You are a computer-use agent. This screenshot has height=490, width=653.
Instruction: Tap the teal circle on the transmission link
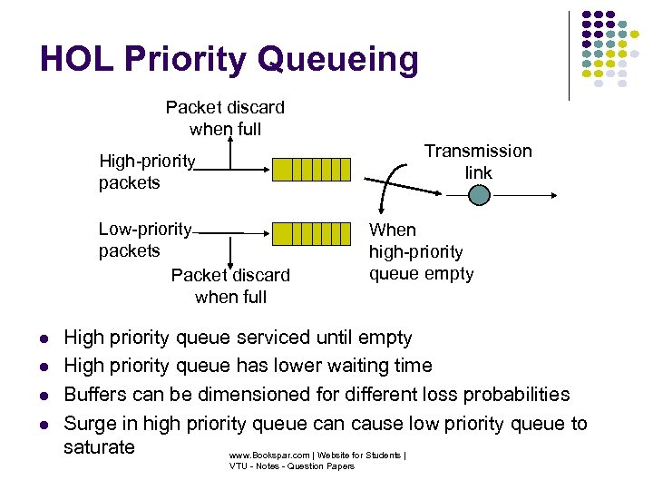click(x=480, y=194)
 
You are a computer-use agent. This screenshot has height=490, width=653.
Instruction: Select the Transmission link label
click(x=478, y=162)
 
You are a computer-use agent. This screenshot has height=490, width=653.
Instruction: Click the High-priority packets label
click(x=147, y=172)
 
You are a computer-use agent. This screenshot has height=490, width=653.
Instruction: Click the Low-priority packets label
click(x=145, y=240)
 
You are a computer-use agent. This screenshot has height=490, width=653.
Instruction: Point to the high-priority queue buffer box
click(x=311, y=170)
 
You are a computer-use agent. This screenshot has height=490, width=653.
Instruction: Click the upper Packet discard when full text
click(x=225, y=118)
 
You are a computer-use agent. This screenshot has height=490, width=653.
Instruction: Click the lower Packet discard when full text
click(x=230, y=286)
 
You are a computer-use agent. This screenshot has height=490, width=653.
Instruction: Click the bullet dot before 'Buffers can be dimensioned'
click(x=44, y=396)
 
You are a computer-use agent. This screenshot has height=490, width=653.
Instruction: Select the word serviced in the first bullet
click(x=270, y=338)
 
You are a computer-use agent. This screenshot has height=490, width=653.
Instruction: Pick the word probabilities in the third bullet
click(x=517, y=395)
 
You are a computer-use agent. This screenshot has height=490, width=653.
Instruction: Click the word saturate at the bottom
click(x=100, y=447)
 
